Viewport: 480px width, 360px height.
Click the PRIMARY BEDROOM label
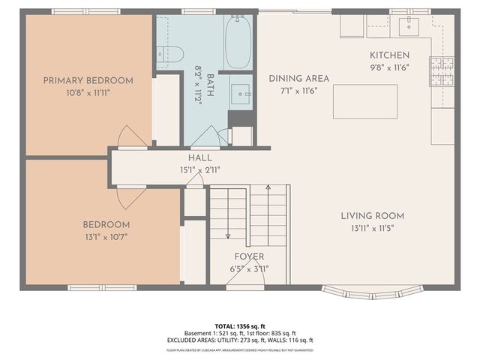88,81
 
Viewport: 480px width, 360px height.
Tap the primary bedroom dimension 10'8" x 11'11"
88,93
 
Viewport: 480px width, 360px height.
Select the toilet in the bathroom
170,54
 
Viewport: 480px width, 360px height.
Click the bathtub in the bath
238,42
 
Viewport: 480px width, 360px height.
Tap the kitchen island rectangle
365,101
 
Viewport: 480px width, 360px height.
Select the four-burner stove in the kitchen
442,71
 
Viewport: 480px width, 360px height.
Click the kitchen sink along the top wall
409,26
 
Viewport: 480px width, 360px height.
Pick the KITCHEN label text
389,55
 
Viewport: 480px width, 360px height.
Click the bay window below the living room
372,291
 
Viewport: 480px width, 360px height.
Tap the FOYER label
248,256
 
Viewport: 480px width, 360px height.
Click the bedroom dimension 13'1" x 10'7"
106,237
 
